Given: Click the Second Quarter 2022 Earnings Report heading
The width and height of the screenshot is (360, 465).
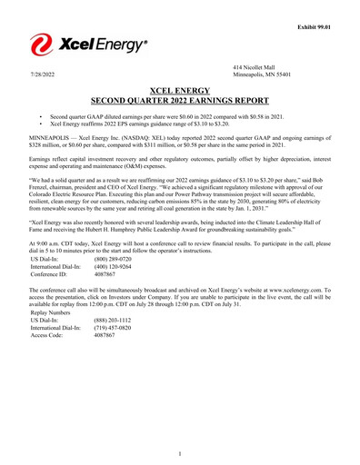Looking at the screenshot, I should click(x=179, y=101).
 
